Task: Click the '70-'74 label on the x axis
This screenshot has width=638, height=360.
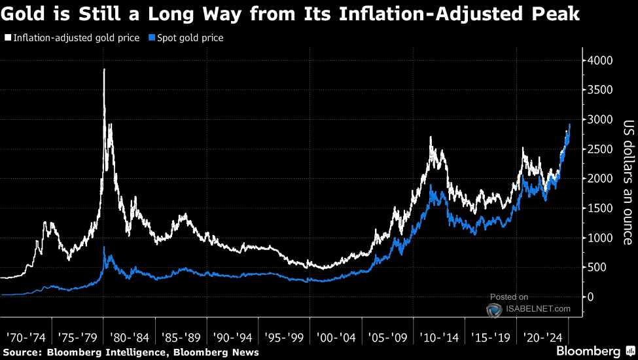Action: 26,338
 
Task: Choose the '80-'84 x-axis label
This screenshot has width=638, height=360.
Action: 130,338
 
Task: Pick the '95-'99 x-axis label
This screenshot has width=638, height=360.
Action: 285,338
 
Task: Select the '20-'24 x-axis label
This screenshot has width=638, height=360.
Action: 542,338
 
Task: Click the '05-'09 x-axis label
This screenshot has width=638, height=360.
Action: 388,338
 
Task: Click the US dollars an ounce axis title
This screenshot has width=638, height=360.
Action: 628,182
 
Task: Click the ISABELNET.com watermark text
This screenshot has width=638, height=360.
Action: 537,309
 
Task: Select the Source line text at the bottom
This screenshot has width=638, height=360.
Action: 130,352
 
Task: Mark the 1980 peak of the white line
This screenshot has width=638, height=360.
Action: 104,69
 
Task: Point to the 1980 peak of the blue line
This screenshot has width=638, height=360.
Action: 105,247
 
